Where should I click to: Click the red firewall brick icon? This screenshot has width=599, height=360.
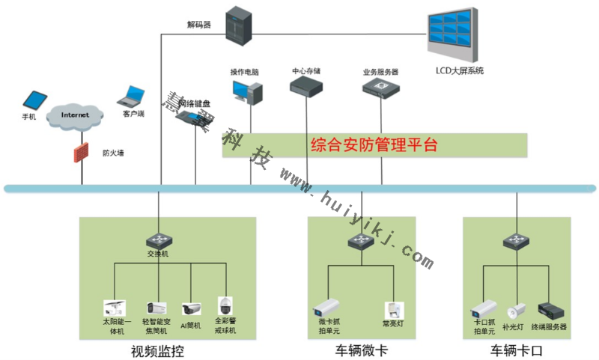pyautogui.click(x=81, y=153)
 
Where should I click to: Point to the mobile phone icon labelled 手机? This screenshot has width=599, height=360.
pyautogui.click(x=34, y=100)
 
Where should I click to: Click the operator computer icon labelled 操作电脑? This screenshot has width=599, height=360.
pyautogui.click(x=247, y=91)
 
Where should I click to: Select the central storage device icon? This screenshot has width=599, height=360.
pyautogui.click(x=306, y=86)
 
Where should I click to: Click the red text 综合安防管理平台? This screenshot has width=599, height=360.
pyautogui.click(x=374, y=145)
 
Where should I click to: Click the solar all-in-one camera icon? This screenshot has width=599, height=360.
pyautogui.click(x=114, y=306)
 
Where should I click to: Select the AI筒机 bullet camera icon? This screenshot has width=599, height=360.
pyautogui.click(x=191, y=308)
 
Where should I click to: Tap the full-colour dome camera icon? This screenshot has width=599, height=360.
pyautogui.click(x=225, y=305)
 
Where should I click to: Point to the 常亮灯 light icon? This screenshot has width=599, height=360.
pyautogui.click(x=394, y=309)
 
